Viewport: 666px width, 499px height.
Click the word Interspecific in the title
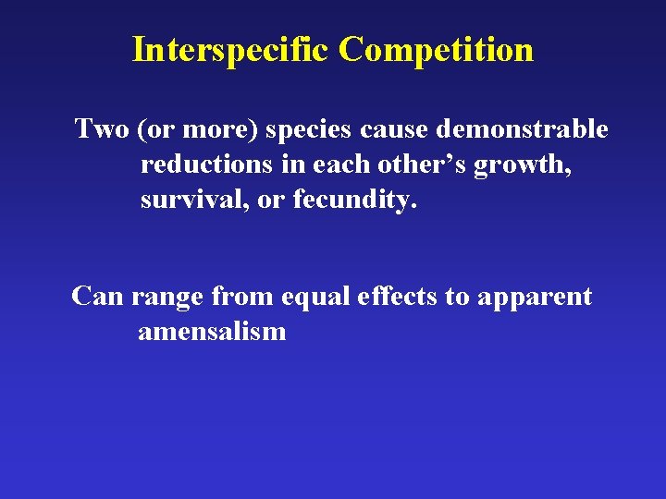point(231,49)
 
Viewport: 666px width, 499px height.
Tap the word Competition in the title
point(436,49)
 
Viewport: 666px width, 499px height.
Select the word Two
point(102,128)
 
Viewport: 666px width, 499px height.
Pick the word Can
point(98,297)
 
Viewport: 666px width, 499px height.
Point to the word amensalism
point(212,331)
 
